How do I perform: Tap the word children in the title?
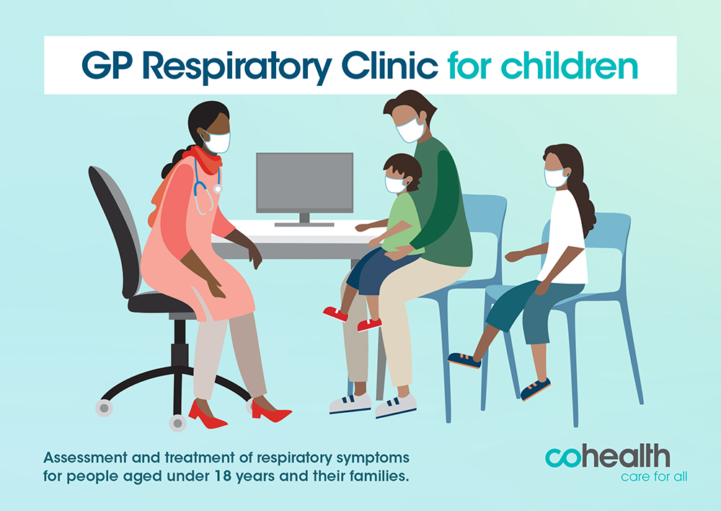[570, 65]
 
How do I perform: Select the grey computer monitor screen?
[304, 183]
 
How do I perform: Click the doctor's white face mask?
[216, 141]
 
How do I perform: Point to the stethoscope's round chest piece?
[218, 189]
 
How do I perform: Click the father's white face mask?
[410, 131]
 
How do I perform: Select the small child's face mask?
[396, 184]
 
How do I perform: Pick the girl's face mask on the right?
[557, 178]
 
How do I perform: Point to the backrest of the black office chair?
[114, 227]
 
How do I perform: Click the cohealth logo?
[607, 457]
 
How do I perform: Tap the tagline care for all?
[654, 477]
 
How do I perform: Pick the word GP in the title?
[107, 66]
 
